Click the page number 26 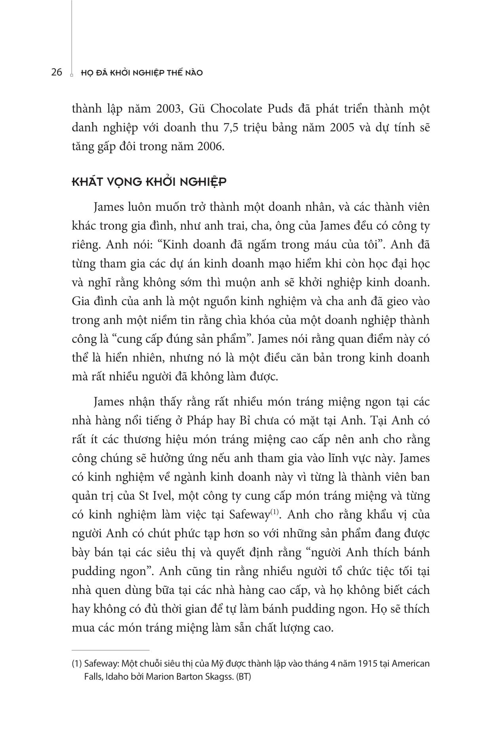pos(57,73)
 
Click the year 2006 pos(209,147)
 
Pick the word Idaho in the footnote pos(116,677)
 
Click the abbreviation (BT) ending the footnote pos(244,677)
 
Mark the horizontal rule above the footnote pos(110,650)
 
